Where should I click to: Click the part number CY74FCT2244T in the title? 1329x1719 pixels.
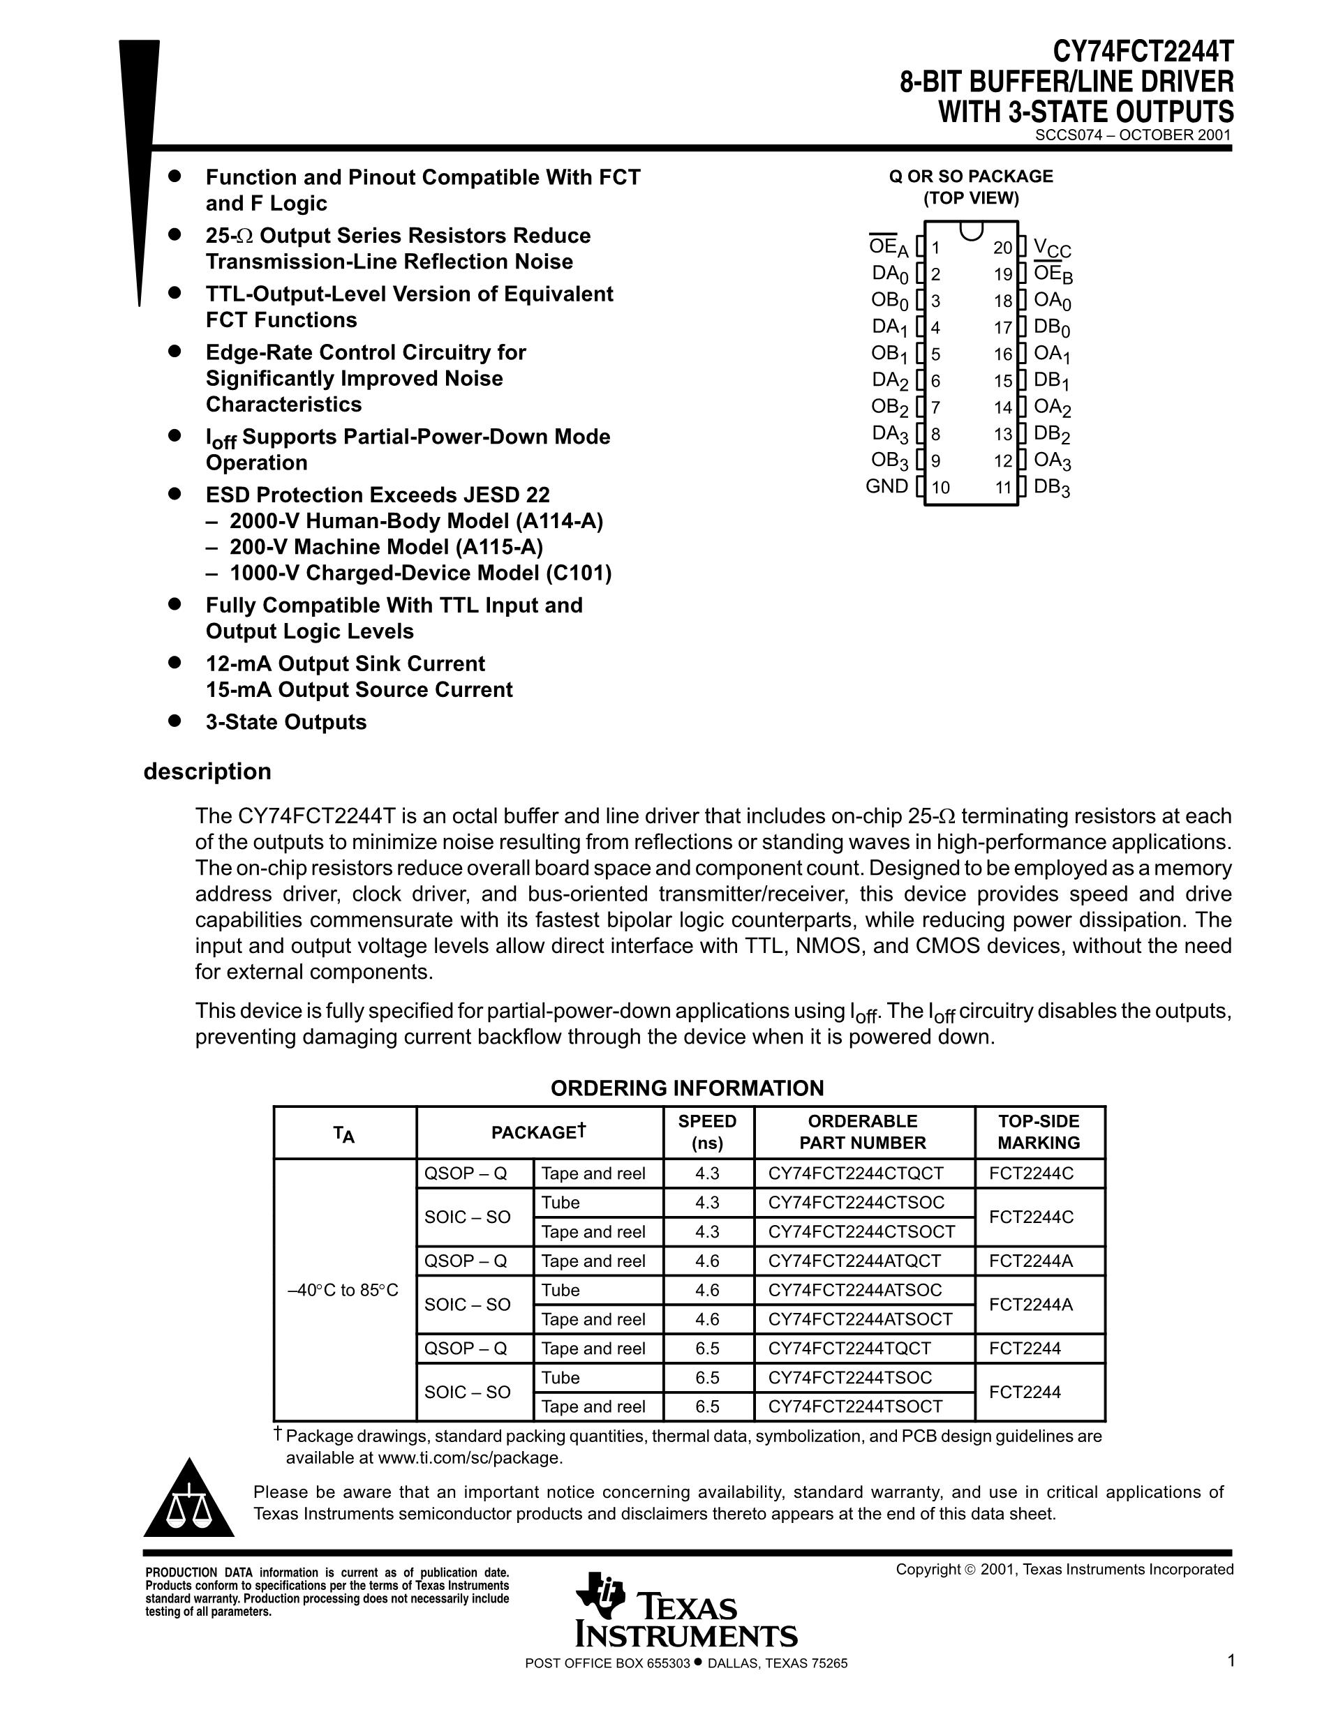tap(1144, 54)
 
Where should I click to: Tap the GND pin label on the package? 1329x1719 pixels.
tap(886, 486)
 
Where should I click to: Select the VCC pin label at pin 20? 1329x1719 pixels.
tap(1052, 248)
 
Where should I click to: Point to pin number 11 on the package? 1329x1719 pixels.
tap(1003, 488)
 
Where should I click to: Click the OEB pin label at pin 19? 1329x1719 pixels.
tap(1053, 275)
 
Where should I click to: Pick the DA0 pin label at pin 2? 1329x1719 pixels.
tap(890, 274)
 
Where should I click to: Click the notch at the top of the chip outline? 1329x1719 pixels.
tap(972, 230)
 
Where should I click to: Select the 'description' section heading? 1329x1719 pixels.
tap(207, 772)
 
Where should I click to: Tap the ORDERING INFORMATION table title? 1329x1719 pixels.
tap(687, 1088)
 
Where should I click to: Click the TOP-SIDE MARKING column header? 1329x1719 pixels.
tap(1039, 1132)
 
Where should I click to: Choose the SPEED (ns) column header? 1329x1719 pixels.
tap(707, 1132)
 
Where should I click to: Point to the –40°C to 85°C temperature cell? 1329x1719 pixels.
tap(343, 1290)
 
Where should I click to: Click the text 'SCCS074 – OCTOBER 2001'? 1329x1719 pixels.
tap(1132, 135)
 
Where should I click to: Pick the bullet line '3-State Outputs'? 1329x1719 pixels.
tap(285, 722)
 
